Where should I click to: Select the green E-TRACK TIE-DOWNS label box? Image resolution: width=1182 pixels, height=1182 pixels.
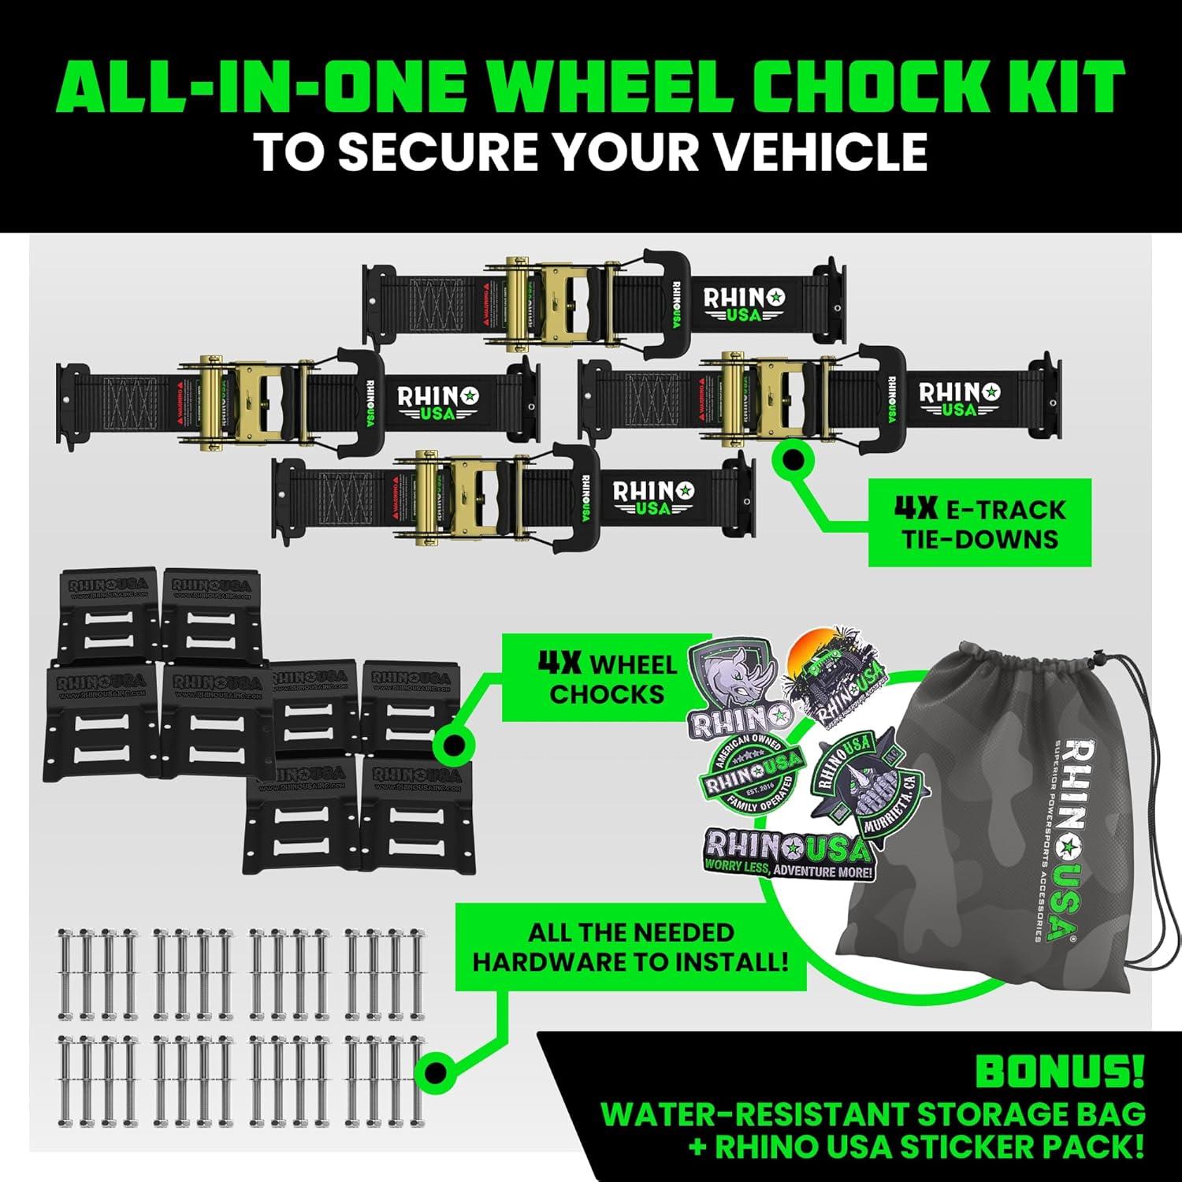point(979,523)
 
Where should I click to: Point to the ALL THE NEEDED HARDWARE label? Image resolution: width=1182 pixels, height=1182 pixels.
point(630,947)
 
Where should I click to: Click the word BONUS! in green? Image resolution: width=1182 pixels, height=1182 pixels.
point(1059,1072)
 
